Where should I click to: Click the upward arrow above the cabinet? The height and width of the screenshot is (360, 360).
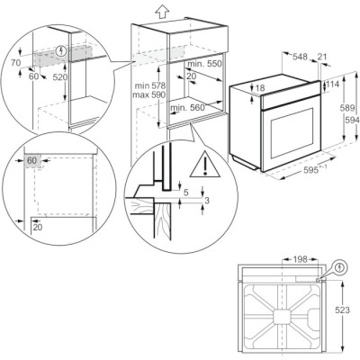[x=162, y=12]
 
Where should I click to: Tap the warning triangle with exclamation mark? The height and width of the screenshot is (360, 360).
[x=205, y=165]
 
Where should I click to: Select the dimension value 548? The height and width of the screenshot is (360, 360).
[x=300, y=57]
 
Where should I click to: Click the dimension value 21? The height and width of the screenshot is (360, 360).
[x=322, y=57]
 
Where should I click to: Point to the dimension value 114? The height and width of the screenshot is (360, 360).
[x=333, y=85]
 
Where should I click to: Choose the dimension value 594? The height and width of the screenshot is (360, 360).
[x=352, y=120]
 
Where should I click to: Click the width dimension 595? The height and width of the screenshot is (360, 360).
[x=313, y=170]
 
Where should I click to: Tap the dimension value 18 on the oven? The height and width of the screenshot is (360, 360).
[x=260, y=88]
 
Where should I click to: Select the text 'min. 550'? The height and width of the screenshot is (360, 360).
[x=204, y=64]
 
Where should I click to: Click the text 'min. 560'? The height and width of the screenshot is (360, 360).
[x=187, y=107]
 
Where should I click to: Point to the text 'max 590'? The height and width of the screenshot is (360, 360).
[x=149, y=95]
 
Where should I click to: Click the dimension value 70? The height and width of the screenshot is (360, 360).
[x=15, y=63]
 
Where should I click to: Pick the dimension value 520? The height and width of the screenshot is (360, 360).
[x=60, y=77]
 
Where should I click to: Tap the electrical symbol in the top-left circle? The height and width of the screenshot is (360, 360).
[x=62, y=51]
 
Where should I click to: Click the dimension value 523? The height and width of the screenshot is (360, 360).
[x=342, y=310]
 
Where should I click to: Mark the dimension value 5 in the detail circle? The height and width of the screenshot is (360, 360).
[x=186, y=193]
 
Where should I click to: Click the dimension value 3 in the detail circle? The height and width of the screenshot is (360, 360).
[x=207, y=201]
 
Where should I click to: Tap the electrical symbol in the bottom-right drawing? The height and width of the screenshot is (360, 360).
[x=340, y=266]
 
